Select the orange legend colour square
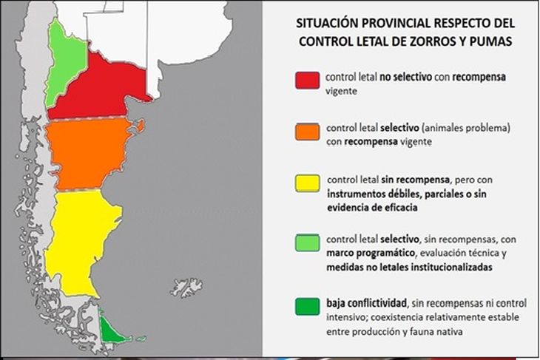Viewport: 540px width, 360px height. [308, 132]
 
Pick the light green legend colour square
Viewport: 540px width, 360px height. [308, 242]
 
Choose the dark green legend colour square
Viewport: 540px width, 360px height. [308, 306]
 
